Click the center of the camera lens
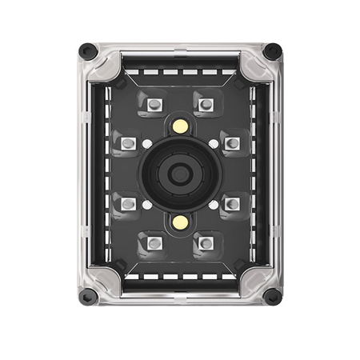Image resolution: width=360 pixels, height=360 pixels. [180, 173]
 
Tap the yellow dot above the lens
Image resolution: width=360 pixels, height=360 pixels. [181, 126]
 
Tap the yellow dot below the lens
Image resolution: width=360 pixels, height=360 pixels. [181, 221]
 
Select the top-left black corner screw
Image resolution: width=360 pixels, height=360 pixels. [87, 50]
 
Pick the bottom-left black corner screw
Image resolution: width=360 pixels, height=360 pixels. [87, 298]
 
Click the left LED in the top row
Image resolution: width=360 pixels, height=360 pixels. [154, 104]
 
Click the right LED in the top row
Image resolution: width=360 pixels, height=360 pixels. [206, 104]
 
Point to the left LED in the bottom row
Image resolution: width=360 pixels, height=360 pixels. [154, 242]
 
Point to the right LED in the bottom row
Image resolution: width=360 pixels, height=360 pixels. [206, 242]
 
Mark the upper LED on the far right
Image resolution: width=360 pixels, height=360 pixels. [232, 143]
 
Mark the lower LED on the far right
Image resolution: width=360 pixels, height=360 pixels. [232, 203]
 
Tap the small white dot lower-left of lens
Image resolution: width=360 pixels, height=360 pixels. [147, 205]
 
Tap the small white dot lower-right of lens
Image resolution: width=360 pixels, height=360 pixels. [214, 205]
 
